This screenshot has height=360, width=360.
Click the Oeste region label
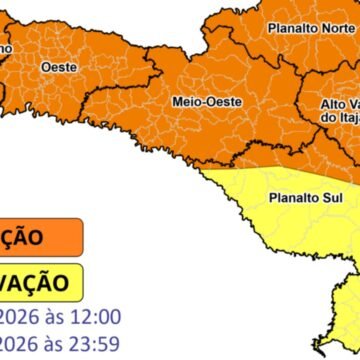(x=54, y=66)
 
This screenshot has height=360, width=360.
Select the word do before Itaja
(x=327, y=120)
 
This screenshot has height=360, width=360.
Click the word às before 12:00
(x=52, y=318)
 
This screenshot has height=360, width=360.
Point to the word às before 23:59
(x=52, y=346)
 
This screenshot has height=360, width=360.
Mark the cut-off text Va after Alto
(x=354, y=104)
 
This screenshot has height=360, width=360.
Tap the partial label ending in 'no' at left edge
(x=6, y=47)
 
